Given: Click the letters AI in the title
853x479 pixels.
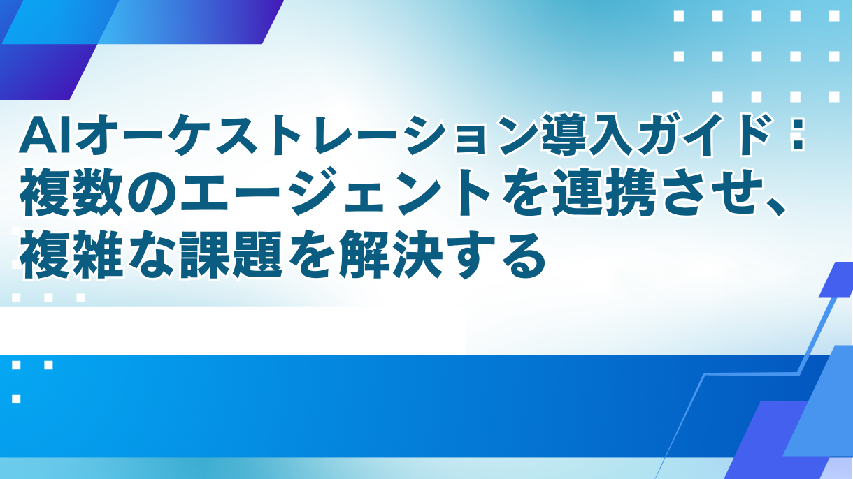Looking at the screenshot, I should coord(46,136).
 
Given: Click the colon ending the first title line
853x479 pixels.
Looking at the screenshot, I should coord(794,136).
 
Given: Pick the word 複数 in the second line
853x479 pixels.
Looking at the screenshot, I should coord(66,196).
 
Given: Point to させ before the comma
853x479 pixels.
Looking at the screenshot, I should coord(689,196).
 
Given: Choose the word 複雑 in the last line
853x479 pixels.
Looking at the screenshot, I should coord(66,254).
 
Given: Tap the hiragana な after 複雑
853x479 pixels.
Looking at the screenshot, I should coord(143,254).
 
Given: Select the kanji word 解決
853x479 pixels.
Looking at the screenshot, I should coord(385,254).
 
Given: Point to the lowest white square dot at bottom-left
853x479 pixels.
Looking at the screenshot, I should coord(16,399).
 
